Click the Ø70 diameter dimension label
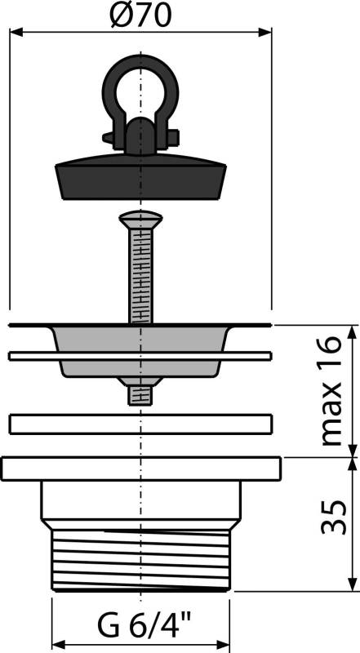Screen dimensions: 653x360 click(x=142, y=15)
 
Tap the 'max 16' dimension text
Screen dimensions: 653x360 click(x=331, y=391)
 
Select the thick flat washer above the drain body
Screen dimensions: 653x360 click(x=140, y=424)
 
